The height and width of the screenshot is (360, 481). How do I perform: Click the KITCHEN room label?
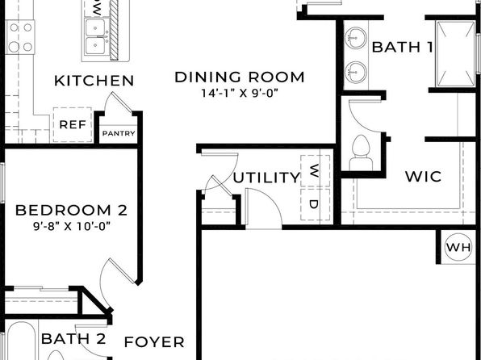click(94, 81)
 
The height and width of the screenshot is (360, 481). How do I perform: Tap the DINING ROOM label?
click(240, 77)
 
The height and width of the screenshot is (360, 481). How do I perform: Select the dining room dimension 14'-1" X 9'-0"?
click(240, 93)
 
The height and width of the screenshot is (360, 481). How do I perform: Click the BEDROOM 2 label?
click(71, 210)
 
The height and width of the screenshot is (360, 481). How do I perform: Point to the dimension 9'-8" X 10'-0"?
click(72, 227)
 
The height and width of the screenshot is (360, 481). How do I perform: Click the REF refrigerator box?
click(73, 124)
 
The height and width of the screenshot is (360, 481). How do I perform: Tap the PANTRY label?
click(119, 133)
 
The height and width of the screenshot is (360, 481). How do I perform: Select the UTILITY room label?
click(266, 178)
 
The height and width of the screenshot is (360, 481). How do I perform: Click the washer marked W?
click(316, 170)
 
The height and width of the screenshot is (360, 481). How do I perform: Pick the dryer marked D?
click(316, 204)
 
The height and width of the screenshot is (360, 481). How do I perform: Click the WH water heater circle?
click(458, 247)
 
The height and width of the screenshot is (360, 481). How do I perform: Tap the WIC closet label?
click(424, 177)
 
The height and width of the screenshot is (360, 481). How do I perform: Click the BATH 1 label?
click(403, 48)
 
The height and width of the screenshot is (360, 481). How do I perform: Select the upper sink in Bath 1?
click(356, 38)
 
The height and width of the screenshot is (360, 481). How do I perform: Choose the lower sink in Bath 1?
click(356, 73)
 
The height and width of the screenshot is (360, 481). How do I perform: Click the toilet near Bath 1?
click(361, 153)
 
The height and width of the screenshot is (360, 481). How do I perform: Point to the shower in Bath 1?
click(455, 54)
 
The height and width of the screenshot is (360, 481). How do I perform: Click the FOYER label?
click(154, 342)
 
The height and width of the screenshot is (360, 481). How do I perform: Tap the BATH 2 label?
click(73, 339)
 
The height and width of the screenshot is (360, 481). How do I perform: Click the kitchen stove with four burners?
click(20, 37)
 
